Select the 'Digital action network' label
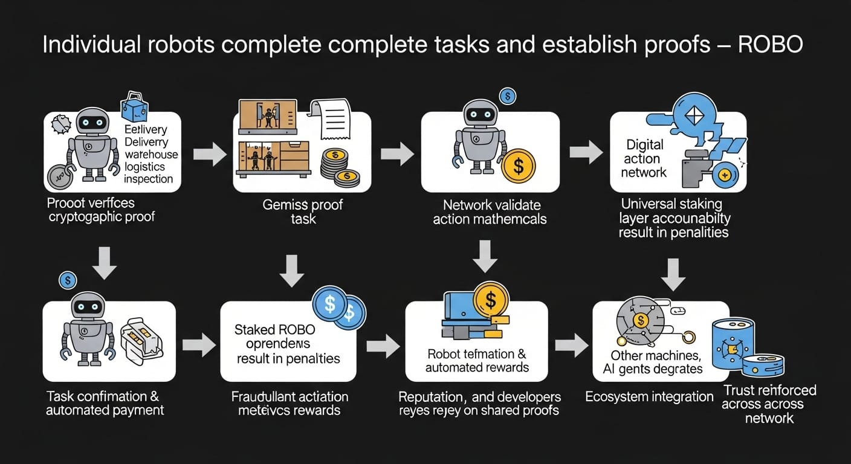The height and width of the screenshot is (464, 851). [644, 159]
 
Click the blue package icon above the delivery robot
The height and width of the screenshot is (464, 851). [135, 109]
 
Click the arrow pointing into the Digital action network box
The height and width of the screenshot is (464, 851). [586, 153]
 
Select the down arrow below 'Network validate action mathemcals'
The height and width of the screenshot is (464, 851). [484, 256]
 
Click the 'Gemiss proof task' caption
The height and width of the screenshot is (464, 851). [303, 211]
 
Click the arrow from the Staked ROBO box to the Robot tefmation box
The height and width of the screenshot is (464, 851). [383, 346]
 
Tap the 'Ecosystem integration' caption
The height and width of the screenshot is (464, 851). [649, 397]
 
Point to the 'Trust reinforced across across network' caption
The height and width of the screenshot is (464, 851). [769, 404]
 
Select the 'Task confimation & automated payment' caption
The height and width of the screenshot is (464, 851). [105, 403]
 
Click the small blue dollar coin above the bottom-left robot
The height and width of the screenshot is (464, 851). [68, 280]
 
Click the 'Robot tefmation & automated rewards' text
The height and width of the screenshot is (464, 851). [477, 360]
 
